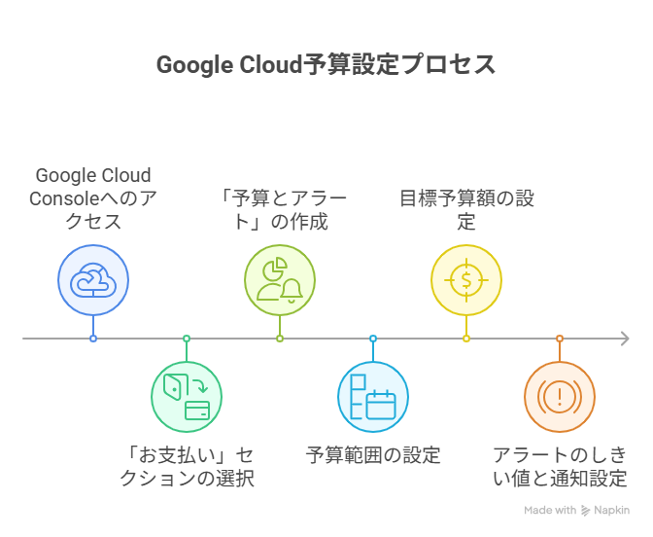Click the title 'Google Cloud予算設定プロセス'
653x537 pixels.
pyautogui.click(x=326, y=64)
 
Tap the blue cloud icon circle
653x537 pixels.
pyautogui.click(x=93, y=280)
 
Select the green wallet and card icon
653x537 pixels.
pyautogui.click(x=187, y=397)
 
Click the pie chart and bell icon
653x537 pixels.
pyautogui.click(x=280, y=280)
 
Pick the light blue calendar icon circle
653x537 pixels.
pyautogui.click(x=373, y=397)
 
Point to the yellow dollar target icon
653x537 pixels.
pyautogui.click(x=466, y=280)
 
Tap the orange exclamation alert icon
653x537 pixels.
pyautogui.click(x=560, y=397)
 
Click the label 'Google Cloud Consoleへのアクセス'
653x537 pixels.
pyautogui.click(x=93, y=198)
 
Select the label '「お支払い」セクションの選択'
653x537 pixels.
pyautogui.click(x=187, y=467)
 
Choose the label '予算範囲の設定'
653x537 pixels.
pyautogui.click(x=373, y=455)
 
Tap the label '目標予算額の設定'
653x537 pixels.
pyautogui.click(x=466, y=210)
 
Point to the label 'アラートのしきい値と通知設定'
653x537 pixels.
pyautogui.click(x=560, y=467)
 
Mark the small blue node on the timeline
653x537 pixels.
pyautogui.click(x=93, y=339)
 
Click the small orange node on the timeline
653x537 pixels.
pyautogui.click(x=560, y=339)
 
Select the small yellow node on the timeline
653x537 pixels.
pyautogui.click(x=466, y=339)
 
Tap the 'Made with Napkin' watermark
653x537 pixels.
pyautogui.click(x=577, y=511)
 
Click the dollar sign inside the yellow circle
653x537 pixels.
pyautogui.click(x=466, y=280)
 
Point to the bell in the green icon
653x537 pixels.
pyautogui.click(x=292, y=290)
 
